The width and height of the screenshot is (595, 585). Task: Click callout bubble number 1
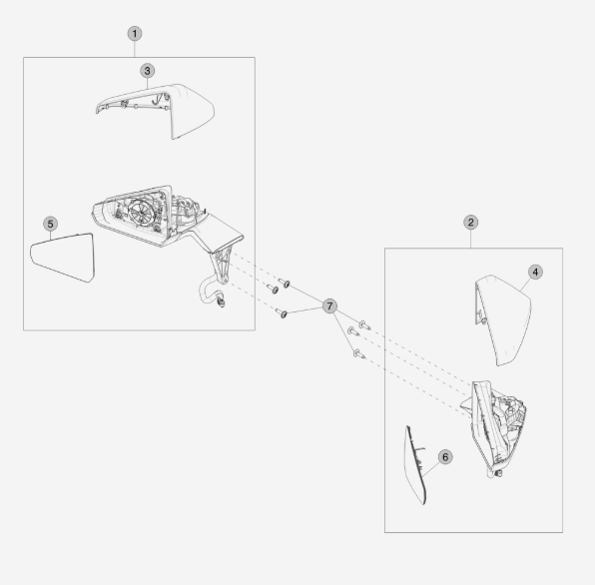(135, 34)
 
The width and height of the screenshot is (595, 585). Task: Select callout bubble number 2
(471, 223)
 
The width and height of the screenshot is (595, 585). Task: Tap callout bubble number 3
(147, 71)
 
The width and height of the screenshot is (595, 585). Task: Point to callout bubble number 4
(535, 272)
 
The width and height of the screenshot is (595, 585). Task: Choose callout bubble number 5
(51, 224)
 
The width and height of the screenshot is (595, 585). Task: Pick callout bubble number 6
(445, 457)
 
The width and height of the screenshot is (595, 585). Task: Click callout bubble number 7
(329, 306)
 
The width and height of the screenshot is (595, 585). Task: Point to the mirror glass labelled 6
(413, 465)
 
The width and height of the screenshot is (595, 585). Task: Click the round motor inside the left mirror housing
(141, 212)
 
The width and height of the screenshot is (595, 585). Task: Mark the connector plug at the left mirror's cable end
(221, 302)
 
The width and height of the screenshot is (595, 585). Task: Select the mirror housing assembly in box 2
(494, 428)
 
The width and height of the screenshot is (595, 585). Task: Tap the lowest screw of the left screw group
(282, 313)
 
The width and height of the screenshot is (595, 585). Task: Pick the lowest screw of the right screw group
(359, 354)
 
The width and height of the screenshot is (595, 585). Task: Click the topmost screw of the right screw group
(364, 324)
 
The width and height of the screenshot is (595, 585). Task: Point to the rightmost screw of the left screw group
(285, 283)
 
